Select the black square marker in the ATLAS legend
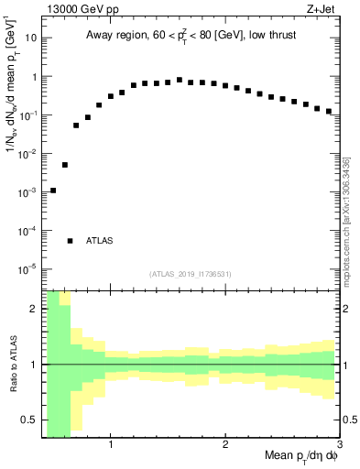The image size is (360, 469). [x=71, y=241]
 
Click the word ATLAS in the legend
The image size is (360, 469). [x=100, y=241]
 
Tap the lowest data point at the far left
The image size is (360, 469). [x=53, y=191]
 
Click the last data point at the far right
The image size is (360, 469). [x=328, y=111]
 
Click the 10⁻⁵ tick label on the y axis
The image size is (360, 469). [x=29, y=269]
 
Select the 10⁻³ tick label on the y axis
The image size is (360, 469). [x=29, y=192]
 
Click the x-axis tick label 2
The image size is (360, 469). [x=224, y=445]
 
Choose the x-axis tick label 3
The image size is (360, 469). [x=338, y=445]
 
